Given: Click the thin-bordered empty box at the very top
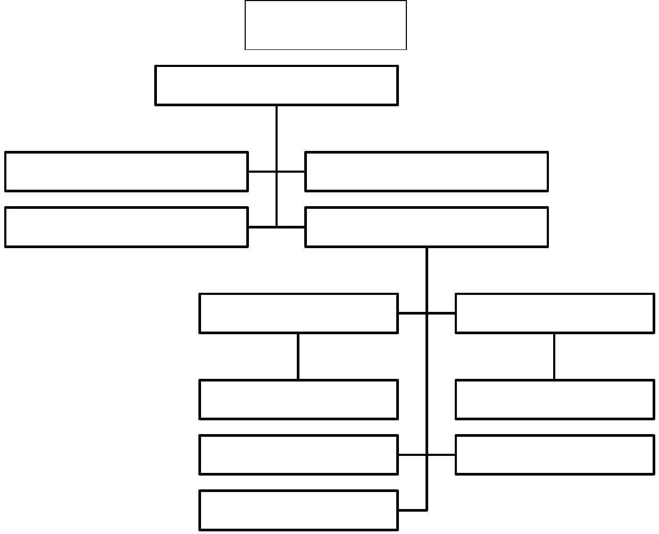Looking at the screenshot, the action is click(x=326, y=25).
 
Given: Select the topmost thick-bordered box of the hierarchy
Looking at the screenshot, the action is click(x=276, y=86).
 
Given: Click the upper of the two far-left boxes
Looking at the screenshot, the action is click(x=126, y=172).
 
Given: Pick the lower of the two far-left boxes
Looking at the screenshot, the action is click(x=126, y=227).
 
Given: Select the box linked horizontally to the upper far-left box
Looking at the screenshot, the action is click(x=426, y=172).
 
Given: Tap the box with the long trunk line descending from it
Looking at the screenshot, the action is click(x=426, y=227).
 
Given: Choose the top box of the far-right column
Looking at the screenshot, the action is click(x=555, y=313).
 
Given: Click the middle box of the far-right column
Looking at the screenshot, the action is click(x=555, y=400).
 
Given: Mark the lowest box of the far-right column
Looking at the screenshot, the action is click(x=555, y=455).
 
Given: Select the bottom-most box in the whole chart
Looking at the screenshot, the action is click(x=298, y=510).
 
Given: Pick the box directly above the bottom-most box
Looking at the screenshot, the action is click(x=298, y=455).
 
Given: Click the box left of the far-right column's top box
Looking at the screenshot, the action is click(x=298, y=313).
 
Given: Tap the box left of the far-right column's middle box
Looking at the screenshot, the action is click(x=298, y=400).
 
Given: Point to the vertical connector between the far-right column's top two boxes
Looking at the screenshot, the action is click(x=554, y=357).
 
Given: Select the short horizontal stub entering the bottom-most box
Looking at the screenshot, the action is click(x=412, y=510).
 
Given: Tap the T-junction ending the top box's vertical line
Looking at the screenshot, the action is click(x=277, y=227).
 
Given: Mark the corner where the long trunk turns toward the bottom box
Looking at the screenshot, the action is click(x=427, y=510).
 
